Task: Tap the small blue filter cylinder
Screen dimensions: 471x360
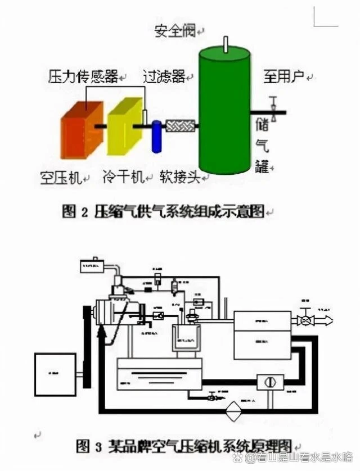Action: click(156, 137)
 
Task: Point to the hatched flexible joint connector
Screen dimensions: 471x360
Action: click(180, 127)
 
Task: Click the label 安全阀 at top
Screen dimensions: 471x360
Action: click(174, 30)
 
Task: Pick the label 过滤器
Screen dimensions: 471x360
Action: click(164, 76)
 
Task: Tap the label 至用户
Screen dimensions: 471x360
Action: click(283, 76)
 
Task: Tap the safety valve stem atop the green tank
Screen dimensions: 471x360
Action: click(225, 44)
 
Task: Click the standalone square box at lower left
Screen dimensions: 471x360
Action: click(55, 374)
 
